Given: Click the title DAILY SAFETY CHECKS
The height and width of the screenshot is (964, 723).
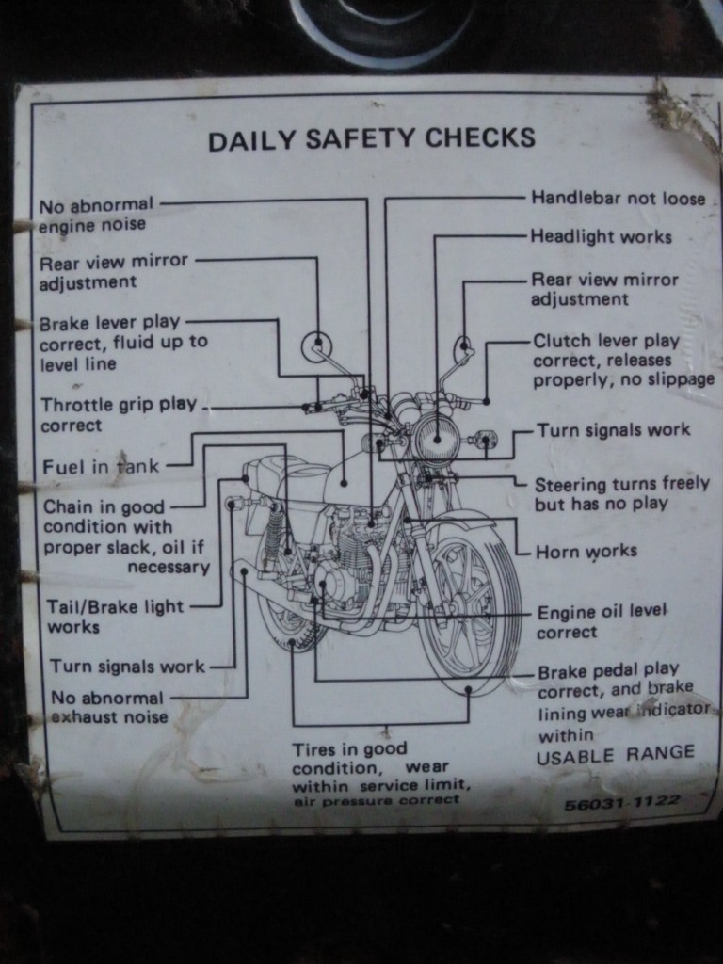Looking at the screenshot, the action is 371,138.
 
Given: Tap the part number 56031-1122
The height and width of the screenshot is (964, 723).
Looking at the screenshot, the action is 622,802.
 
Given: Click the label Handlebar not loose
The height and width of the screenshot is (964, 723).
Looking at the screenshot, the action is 618,198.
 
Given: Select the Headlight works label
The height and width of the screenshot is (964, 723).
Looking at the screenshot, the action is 601,236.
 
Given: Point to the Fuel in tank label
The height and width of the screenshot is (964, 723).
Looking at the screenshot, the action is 100,466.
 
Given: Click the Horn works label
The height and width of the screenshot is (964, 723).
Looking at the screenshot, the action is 586,552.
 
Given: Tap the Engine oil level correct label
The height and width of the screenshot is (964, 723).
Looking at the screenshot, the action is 602,622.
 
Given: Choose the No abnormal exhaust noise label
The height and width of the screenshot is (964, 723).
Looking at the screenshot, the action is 109,708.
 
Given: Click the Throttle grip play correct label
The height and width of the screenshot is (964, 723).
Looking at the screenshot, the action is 119,415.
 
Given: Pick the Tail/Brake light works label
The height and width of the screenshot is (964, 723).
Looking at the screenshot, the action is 116,617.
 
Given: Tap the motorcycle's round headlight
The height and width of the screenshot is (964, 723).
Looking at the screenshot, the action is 437,438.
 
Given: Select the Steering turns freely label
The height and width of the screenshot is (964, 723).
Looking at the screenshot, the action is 621,493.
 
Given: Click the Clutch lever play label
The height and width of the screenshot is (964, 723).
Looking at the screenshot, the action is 623,361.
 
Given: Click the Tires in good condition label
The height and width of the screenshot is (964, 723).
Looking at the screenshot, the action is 381,775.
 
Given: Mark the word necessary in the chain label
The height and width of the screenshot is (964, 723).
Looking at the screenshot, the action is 169,567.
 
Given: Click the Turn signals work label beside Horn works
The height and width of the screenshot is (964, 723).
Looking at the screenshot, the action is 614,429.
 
